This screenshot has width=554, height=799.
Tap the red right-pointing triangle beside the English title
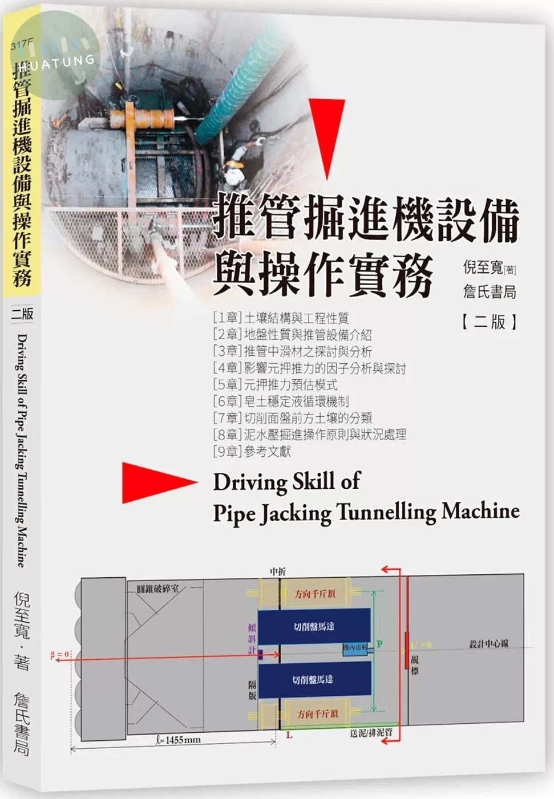pos(155,482)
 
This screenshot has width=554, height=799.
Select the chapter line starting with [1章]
pos(280,318)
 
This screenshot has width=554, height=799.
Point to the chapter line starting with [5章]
pos(275,384)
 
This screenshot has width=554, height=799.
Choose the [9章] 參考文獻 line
pos(252,451)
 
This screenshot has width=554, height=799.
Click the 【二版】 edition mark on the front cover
pos(490,322)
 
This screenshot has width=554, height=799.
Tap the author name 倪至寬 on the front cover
pos(483,267)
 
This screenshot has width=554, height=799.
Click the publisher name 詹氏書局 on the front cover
pos(490,292)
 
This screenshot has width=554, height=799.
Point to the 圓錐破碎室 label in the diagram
pos(157,589)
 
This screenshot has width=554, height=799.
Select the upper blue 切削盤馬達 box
pos(314,626)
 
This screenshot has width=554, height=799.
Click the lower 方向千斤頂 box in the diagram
pos(317,713)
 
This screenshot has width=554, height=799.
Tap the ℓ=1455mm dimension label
pos(178,740)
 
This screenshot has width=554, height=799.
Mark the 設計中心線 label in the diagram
pos(488,644)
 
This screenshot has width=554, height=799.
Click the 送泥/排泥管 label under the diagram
pos(371,732)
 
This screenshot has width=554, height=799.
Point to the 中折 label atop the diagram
pos(278,571)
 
